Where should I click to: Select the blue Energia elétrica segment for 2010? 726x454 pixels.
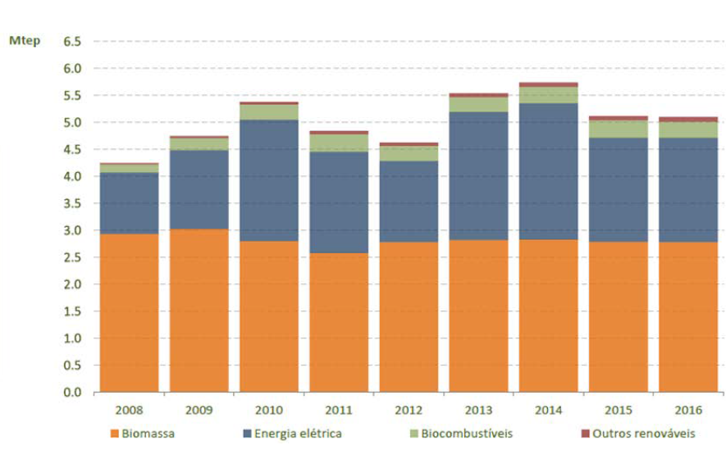click(269, 180)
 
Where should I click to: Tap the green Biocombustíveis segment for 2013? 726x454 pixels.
click(478, 104)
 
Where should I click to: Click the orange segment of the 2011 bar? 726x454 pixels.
click(339, 322)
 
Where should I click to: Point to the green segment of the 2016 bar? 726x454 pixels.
click(687, 129)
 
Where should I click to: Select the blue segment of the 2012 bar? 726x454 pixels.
click(409, 201)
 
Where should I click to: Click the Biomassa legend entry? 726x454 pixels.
click(144, 433)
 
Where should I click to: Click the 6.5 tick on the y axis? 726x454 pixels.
click(72, 41)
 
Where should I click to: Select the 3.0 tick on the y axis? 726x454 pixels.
click(72, 230)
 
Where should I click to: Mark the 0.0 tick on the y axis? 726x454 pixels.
click(72, 393)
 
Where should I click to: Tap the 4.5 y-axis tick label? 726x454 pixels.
click(72, 149)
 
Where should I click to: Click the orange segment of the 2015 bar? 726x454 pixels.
click(618, 316)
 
